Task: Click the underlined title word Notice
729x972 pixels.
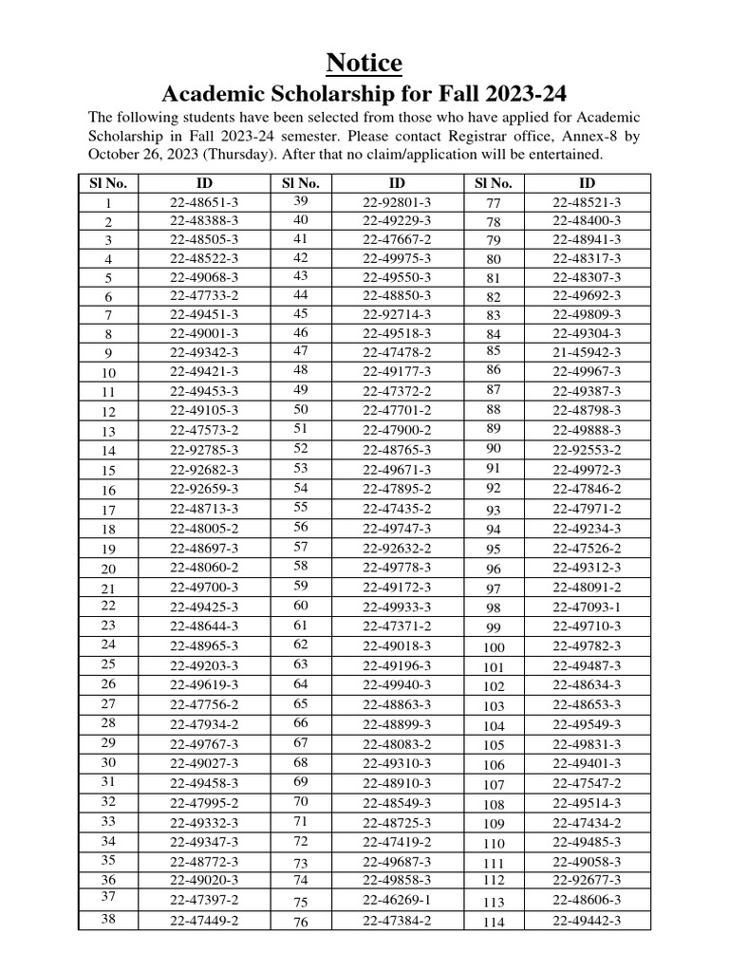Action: (364, 63)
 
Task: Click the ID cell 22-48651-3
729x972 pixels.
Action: (204, 202)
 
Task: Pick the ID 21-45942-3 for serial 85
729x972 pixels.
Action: (587, 351)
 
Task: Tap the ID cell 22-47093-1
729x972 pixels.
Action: (587, 607)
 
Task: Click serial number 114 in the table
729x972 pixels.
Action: (494, 922)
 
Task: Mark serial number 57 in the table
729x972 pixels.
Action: (301, 547)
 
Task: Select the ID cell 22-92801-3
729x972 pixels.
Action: (397, 202)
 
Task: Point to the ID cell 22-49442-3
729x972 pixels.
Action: (587, 921)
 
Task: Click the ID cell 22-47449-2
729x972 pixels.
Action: (204, 921)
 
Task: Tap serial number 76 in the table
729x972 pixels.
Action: (301, 922)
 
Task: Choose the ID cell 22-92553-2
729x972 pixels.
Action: (587, 449)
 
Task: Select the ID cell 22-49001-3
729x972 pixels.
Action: (204, 333)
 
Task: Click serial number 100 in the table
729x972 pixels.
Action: (494, 647)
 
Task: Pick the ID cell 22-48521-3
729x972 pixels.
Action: (587, 202)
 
